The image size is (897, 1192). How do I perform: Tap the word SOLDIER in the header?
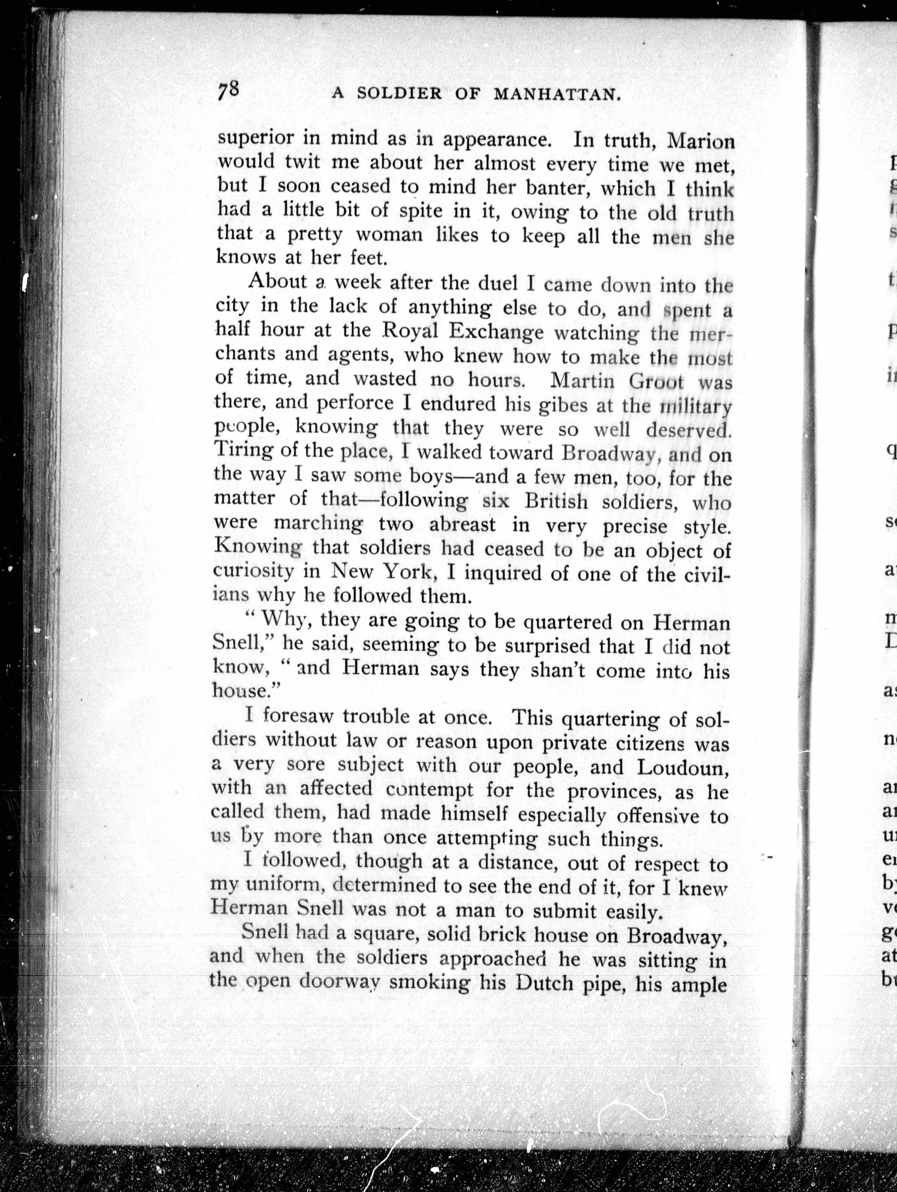point(400,94)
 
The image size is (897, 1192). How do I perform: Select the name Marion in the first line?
point(701,141)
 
